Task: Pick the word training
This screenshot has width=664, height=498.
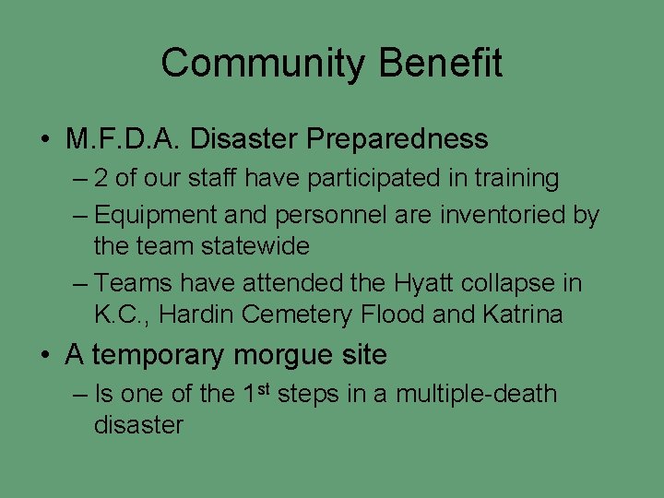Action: [516, 179]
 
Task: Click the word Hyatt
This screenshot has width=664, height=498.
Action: [420, 283]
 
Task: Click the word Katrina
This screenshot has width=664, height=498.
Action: [522, 314]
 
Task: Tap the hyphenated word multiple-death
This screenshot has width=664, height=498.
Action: [476, 394]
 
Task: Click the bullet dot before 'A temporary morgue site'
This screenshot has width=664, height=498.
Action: [45, 355]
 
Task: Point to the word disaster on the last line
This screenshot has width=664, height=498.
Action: [138, 424]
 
